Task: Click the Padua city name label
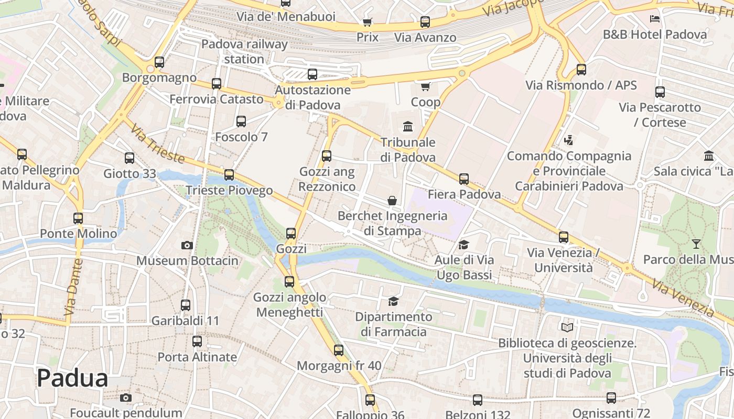pos(72,378)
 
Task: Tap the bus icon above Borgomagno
pos(159,62)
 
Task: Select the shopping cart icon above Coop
pos(425,86)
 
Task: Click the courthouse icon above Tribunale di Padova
pos(408,126)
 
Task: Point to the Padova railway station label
pos(244,51)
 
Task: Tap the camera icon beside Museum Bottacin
pos(187,245)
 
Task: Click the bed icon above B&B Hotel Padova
pos(654,19)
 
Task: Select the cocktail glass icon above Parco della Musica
pos(696,244)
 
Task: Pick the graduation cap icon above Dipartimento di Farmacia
pos(393,301)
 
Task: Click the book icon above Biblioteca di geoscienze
pos(567,328)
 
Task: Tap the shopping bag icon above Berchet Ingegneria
pos(392,201)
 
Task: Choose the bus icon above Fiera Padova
pos(464,179)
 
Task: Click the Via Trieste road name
pos(157,144)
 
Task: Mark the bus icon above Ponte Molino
pos(78,218)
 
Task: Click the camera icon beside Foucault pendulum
pos(125,398)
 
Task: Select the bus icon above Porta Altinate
pos(197,341)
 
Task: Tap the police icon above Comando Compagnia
pos(568,140)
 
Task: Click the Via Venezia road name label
pos(683,299)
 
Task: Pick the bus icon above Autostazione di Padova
pos(312,74)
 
